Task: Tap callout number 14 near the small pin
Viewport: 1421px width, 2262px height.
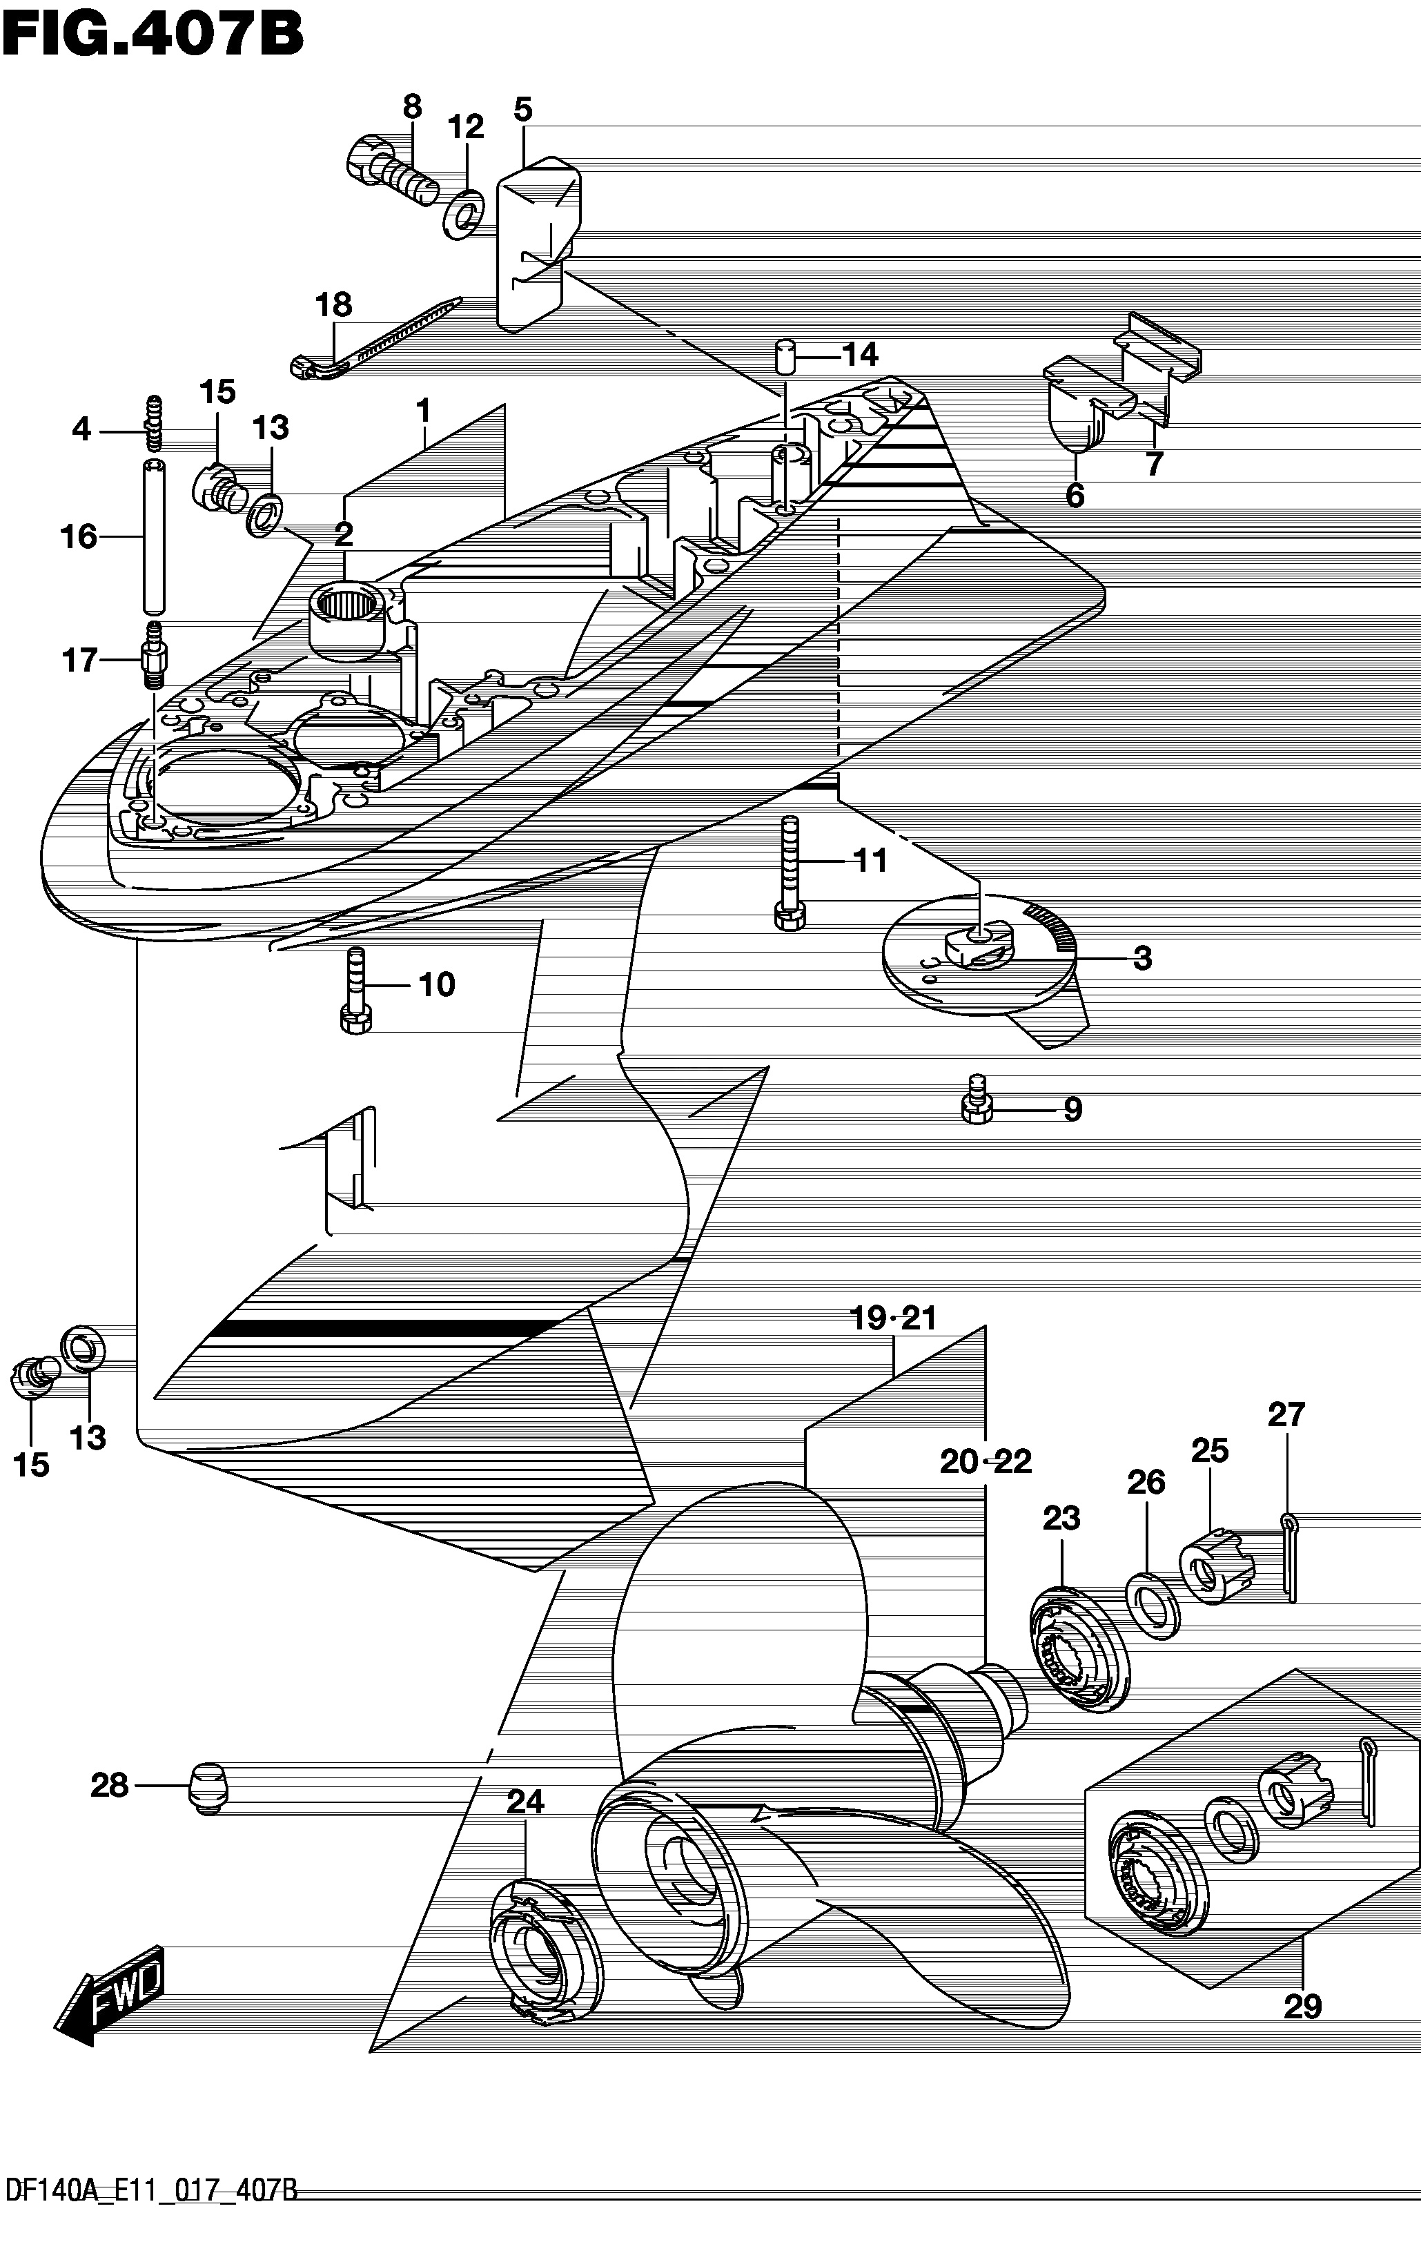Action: pyautogui.click(x=859, y=355)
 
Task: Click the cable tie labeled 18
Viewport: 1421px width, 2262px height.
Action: pyautogui.click(x=375, y=338)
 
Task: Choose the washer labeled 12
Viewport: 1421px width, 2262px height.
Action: pyautogui.click(x=463, y=213)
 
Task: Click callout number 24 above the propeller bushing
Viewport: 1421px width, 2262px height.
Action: pyautogui.click(x=525, y=1801)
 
